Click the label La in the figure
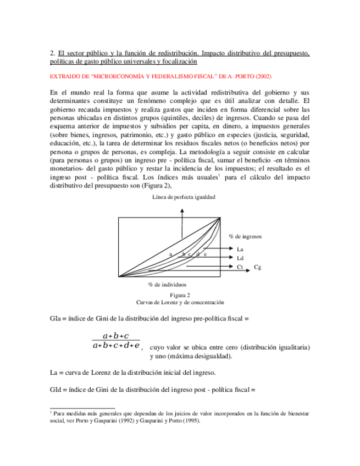pos(240,249)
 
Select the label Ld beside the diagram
pos(240,258)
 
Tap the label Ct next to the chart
pos(240,267)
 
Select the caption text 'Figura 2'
pos(180,295)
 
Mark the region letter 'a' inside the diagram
pos(171,254)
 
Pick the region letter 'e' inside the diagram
pos(205,254)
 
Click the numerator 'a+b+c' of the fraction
pos(116,335)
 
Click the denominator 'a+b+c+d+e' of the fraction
pos(116,346)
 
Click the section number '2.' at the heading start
pos(52,54)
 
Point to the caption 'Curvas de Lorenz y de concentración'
pos(180,302)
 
